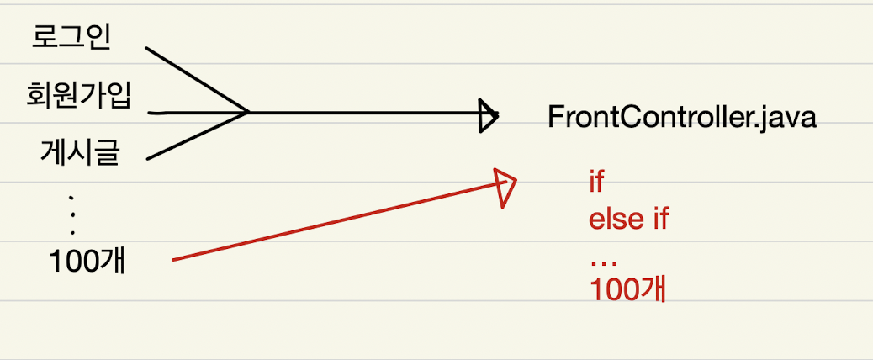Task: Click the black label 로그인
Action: [71, 38]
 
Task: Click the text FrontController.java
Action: [681, 117]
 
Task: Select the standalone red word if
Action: [597, 182]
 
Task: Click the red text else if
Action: [628, 221]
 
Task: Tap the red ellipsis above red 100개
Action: [603, 262]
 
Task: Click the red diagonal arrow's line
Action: [336, 223]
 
